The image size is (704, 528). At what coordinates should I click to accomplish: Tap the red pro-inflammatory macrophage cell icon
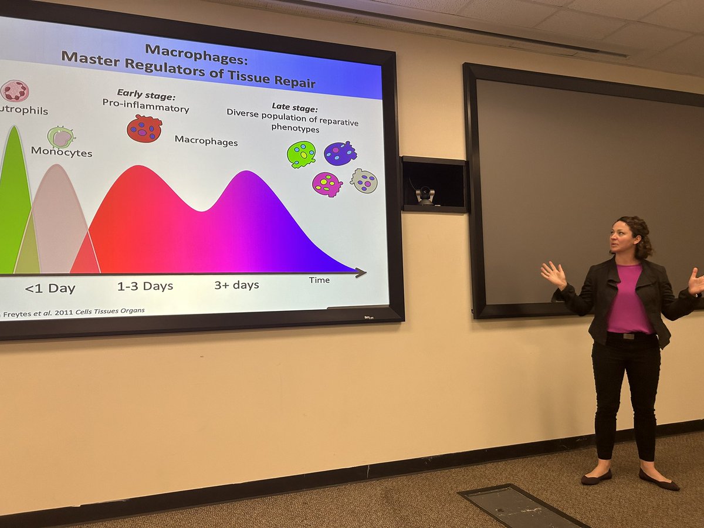(144, 128)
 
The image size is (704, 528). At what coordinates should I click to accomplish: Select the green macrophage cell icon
(301, 154)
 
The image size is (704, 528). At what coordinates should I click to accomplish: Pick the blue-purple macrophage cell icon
(340, 153)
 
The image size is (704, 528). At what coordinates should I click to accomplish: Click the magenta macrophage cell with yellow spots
(327, 184)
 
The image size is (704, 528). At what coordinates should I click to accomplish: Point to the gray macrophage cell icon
(364, 181)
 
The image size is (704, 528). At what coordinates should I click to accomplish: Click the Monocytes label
(62, 151)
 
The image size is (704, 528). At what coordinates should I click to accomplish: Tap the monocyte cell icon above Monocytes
(60, 137)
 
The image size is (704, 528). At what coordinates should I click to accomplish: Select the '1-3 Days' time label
(145, 286)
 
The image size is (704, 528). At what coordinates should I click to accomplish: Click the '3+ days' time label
(236, 285)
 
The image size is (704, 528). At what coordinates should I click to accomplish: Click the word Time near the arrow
(319, 280)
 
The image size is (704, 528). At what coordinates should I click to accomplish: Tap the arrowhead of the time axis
(361, 272)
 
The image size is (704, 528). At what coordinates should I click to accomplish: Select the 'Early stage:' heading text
(146, 94)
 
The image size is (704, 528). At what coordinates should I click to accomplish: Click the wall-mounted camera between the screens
(425, 195)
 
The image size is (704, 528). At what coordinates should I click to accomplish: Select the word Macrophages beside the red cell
(206, 142)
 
